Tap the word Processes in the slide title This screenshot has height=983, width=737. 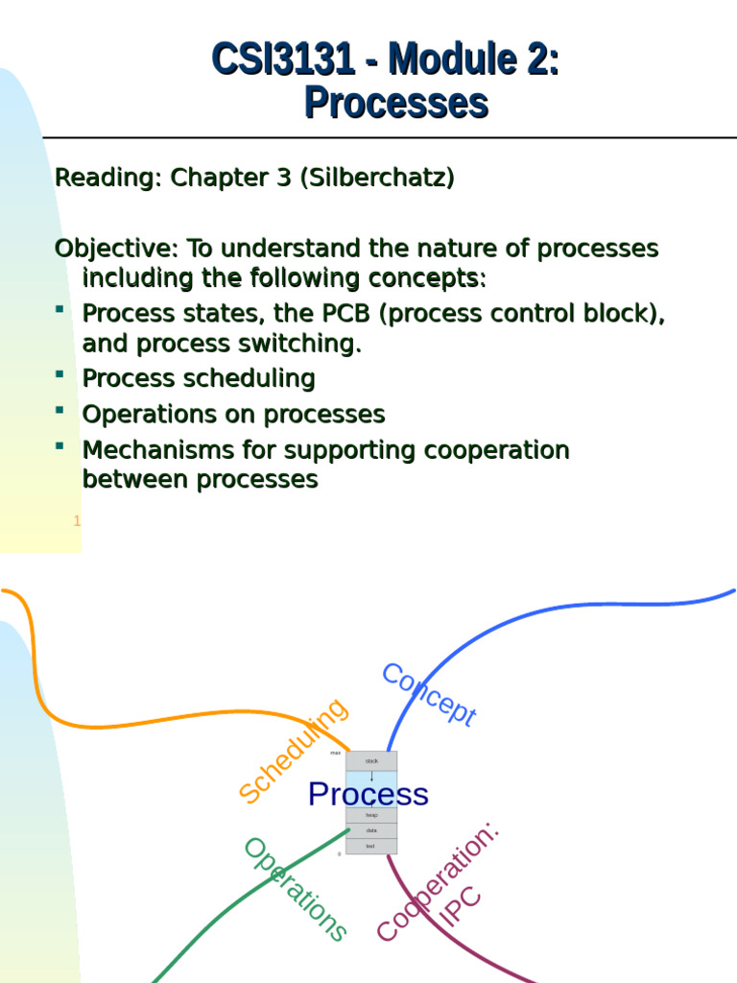396,103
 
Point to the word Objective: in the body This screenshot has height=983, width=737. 116,249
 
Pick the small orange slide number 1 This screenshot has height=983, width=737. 77,521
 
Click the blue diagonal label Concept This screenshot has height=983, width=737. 429,695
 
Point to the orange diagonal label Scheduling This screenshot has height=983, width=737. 293,751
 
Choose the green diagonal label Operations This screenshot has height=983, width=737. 295,889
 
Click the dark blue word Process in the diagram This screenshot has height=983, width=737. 368,794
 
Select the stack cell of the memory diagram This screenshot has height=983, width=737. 371,760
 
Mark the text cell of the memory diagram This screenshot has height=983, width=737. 370,846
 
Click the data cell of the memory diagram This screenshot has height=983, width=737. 370,830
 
